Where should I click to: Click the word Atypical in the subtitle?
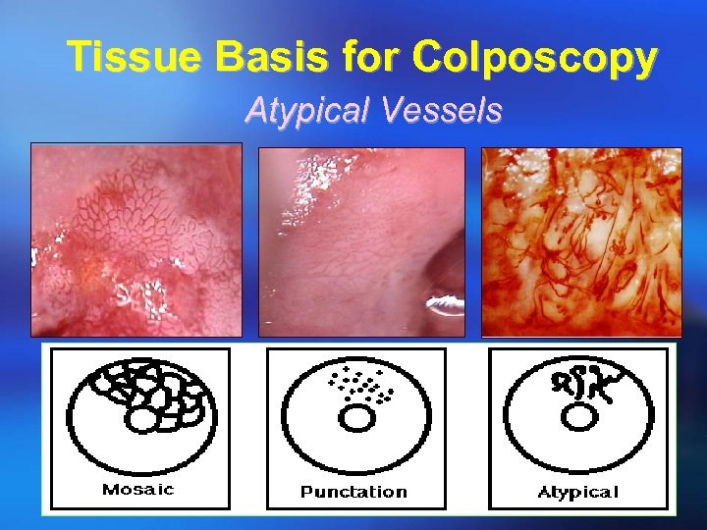pyautogui.click(x=301, y=111)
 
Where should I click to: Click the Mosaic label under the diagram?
pyautogui.click(x=137, y=490)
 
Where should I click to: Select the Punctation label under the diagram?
pyautogui.click(x=353, y=491)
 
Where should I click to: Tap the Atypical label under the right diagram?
pyautogui.click(x=578, y=491)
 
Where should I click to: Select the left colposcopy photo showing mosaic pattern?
pyautogui.click(x=136, y=239)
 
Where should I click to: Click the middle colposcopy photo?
pyautogui.click(x=360, y=241)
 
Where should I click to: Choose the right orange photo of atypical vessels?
pyautogui.click(x=581, y=241)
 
